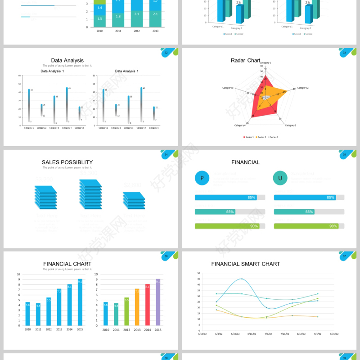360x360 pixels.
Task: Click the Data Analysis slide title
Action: [x=67, y=60]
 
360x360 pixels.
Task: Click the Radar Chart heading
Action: [x=246, y=60]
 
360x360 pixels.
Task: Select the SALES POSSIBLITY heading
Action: [x=67, y=162]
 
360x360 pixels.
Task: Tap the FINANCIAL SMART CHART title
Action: [x=246, y=264]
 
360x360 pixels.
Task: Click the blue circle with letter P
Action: [x=202, y=178]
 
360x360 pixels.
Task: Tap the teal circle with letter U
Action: [x=280, y=178]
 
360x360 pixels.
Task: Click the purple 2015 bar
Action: [x=158, y=302]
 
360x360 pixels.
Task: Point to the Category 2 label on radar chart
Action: [x=303, y=88]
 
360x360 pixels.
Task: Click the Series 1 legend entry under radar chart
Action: [x=249, y=137]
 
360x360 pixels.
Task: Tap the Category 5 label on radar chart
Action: [x=228, y=88]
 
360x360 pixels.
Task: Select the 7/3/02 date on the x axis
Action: [x=268, y=334]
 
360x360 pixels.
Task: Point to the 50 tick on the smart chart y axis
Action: [x=198, y=273]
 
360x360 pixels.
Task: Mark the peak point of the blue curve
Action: [x=242, y=279]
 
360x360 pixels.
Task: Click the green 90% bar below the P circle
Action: [x=227, y=226]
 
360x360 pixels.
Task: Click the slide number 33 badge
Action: [x=345, y=53]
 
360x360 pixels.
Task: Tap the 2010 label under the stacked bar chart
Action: [x=99, y=31]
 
